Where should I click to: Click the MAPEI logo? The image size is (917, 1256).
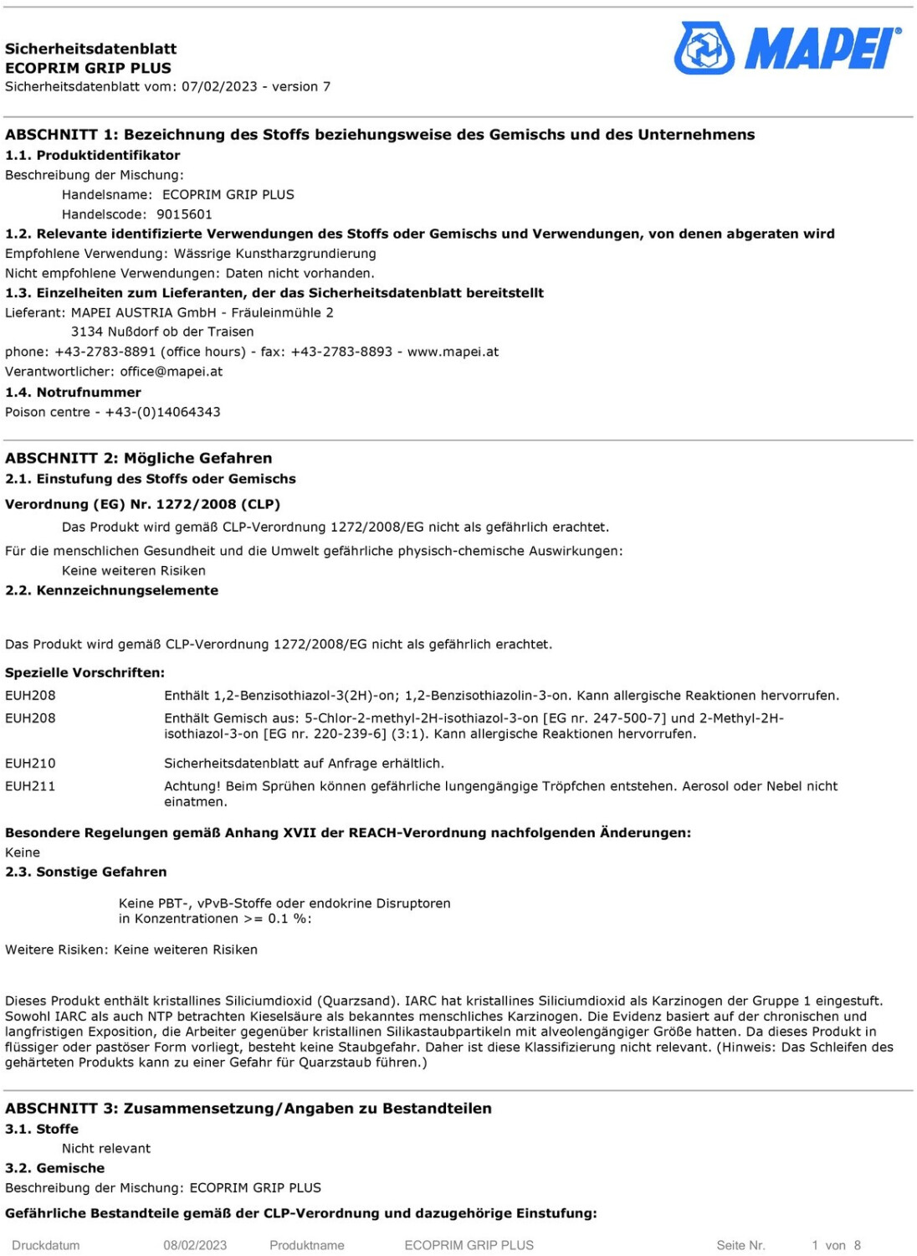[787, 48]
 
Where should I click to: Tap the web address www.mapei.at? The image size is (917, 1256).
[453, 352]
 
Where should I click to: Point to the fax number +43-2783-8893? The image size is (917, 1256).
[341, 352]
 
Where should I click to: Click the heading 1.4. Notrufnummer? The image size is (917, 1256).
[73, 392]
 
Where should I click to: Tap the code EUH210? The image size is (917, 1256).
[30, 763]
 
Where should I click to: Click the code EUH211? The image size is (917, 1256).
[30, 785]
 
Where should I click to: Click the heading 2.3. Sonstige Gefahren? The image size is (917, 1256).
[86, 872]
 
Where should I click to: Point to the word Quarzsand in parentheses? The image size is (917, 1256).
[358, 1001]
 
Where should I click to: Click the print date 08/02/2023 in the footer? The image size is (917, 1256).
[195, 1245]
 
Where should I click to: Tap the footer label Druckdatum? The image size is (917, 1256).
[46, 1245]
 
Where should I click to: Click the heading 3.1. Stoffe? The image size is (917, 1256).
[42, 1129]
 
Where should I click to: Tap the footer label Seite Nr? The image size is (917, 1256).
[740, 1245]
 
